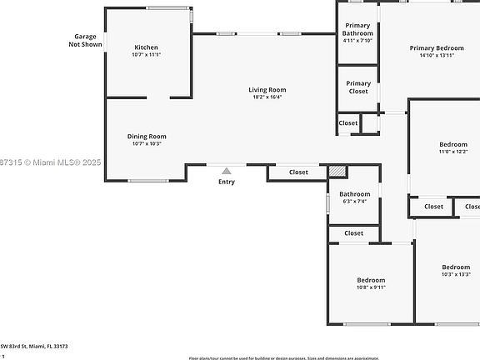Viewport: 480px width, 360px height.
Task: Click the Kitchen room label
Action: (x=146, y=47)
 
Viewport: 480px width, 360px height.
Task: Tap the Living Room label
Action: (x=267, y=90)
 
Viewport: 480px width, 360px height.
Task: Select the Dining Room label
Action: (x=147, y=136)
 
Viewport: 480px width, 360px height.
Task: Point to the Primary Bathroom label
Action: (x=358, y=29)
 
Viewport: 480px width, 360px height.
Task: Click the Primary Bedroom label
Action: (x=436, y=48)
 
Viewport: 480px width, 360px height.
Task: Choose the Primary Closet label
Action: (x=358, y=87)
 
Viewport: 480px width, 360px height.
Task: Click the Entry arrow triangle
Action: (x=226, y=171)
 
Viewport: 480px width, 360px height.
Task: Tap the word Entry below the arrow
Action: (x=227, y=182)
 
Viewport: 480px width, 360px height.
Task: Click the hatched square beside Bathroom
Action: (x=337, y=171)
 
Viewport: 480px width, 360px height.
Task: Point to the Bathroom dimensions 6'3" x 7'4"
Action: (x=354, y=202)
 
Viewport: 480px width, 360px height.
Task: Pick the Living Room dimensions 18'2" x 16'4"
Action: (x=267, y=97)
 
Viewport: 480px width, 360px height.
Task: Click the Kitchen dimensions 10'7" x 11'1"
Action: (x=146, y=55)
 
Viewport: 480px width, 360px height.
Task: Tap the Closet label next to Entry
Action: (x=298, y=172)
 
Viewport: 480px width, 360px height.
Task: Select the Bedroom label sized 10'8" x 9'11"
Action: (x=371, y=280)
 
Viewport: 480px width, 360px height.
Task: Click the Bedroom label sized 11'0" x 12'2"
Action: (x=452, y=144)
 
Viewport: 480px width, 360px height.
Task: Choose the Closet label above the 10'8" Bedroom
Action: (x=353, y=233)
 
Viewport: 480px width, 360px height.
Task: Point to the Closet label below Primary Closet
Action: (x=348, y=123)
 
